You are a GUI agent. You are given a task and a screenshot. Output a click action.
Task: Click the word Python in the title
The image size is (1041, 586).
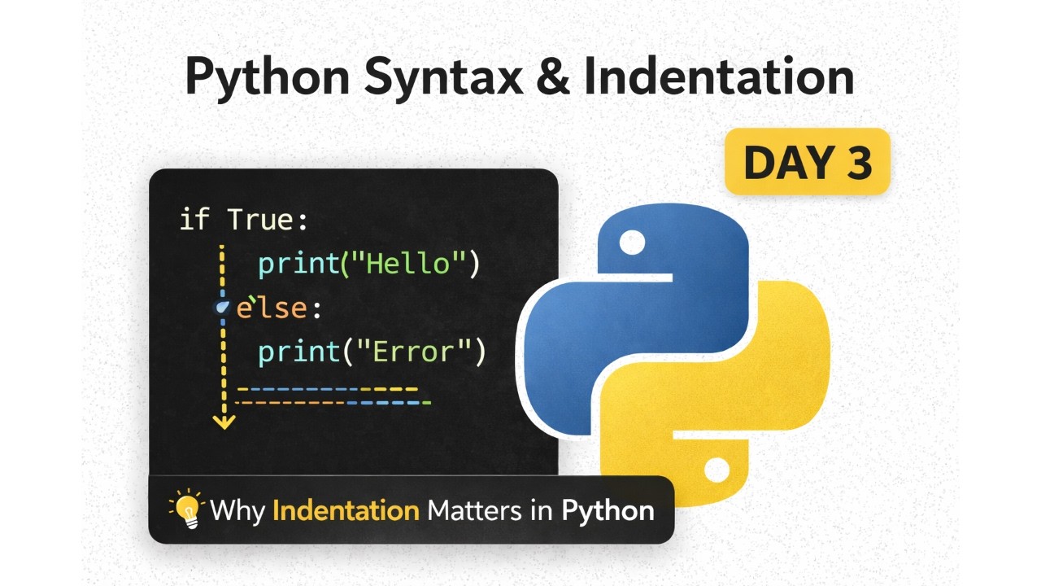[x=268, y=78]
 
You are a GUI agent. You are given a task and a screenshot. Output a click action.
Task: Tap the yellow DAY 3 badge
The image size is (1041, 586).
[x=807, y=161]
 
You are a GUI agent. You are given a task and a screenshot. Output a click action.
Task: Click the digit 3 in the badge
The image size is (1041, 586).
[x=857, y=161]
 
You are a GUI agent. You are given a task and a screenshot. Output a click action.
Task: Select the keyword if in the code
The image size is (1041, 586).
[x=194, y=221]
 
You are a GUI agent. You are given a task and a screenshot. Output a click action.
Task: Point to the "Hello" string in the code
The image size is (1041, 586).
[x=411, y=264]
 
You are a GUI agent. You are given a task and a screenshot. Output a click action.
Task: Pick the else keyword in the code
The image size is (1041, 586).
[x=272, y=308]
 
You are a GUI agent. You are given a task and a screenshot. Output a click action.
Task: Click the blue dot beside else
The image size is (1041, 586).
[x=222, y=308]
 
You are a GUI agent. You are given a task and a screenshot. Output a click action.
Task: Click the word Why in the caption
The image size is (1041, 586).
[x=238, y=511]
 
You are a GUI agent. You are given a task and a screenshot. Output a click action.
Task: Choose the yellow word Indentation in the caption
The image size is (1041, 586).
[x=346, y=510]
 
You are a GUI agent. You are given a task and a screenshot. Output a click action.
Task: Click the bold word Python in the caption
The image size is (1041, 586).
[x=608, y=510]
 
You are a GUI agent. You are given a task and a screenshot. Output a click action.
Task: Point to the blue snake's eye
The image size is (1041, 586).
[x=633, y=242]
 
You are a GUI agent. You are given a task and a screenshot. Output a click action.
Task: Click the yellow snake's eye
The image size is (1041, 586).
[x=717, y=470]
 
